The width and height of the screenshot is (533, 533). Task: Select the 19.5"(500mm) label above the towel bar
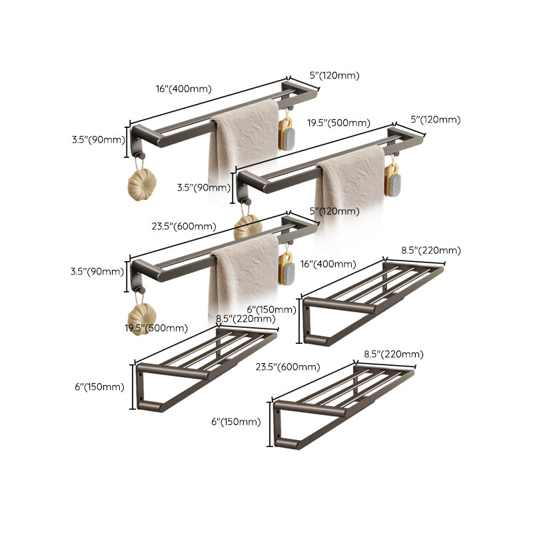338,123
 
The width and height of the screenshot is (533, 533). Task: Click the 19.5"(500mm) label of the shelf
155,328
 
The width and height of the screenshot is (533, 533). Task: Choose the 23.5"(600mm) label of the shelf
287,367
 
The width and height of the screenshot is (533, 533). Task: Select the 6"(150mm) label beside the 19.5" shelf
99,387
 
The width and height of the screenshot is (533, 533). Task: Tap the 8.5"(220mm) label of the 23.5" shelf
393,354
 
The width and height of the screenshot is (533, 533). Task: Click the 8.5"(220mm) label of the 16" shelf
430,251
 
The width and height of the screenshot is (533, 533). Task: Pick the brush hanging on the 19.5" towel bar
393,179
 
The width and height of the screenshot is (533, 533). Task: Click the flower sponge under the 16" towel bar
141,184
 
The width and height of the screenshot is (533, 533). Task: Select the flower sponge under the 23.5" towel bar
141,314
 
